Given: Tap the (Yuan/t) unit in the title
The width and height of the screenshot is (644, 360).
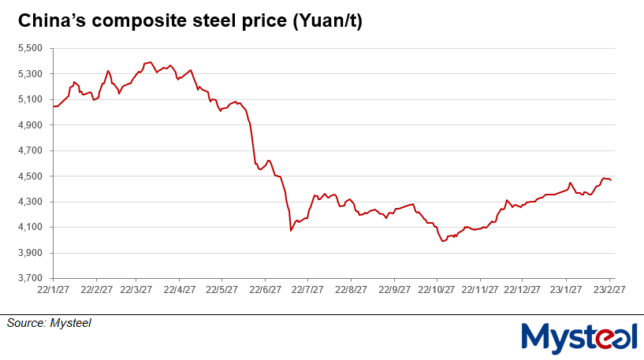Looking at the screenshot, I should click(x=327, y=23).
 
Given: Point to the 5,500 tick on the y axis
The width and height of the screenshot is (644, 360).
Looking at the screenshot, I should click(x=29, y=49).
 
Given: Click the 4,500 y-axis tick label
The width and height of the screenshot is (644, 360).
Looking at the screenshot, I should click(x=29, y=176).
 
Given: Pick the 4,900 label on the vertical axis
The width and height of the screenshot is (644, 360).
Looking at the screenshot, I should click(x=29, y=125).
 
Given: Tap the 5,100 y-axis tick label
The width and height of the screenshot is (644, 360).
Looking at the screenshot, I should click(x=29, y=100).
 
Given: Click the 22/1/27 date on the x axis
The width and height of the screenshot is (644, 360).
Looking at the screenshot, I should click(x=53, y=289).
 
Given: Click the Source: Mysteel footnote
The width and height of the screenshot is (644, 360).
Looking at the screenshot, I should click(x=49, y=322).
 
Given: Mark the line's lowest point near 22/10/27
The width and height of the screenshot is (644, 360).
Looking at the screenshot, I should click(x=443, y=241).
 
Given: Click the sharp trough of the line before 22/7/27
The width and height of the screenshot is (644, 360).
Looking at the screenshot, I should click(x=291, y=231).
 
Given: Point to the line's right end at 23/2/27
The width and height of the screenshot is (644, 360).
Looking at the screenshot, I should click(x=612, y=181).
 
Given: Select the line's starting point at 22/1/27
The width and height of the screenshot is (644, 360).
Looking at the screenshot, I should click(x=53, y=106).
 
